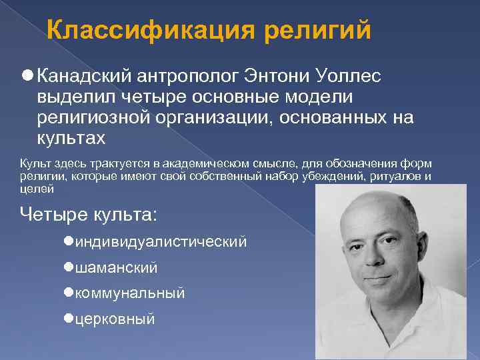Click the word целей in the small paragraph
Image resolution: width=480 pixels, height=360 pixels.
[37, 189]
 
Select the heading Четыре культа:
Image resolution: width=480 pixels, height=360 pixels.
[88, 215]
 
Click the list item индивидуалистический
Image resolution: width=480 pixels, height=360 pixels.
[161, 241]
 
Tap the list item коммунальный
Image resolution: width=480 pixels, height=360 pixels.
[130, 293]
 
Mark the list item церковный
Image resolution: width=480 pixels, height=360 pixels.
[115, 319]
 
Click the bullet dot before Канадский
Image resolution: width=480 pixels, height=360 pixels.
[27, 76]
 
